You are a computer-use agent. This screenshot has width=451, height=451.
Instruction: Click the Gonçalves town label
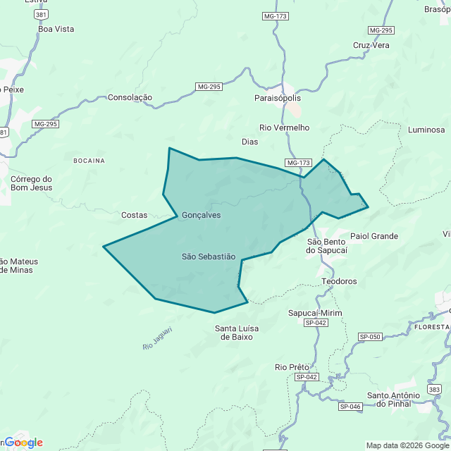[201, 215]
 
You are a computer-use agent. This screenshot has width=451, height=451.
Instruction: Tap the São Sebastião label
[209, 257]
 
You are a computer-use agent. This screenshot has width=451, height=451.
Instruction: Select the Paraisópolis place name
[278, 98]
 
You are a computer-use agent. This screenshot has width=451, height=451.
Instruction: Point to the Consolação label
[130, 97]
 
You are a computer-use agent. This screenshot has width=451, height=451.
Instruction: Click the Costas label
[135, 215]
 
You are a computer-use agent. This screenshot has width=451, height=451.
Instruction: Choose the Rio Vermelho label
[285, 128]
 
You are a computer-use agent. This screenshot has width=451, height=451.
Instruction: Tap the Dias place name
[249, 142]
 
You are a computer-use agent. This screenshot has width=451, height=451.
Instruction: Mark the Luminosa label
[426, 130]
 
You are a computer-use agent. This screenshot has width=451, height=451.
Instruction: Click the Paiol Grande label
[374, 236]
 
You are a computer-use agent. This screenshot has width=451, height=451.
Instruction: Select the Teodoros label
[339, 281]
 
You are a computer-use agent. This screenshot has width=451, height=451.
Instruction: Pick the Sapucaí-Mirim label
[315, 313]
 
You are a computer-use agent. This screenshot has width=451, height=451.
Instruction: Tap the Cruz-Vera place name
[371, 45]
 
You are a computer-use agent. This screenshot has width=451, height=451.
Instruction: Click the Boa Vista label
[56, 29]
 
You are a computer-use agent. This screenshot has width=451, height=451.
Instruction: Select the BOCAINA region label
[89, 161]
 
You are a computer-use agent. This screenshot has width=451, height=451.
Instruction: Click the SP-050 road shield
[369, 337]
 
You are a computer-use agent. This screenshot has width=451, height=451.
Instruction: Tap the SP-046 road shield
[350, 407]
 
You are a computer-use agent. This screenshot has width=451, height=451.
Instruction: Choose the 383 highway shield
[434, 390]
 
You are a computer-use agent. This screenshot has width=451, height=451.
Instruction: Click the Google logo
[23, 443]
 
